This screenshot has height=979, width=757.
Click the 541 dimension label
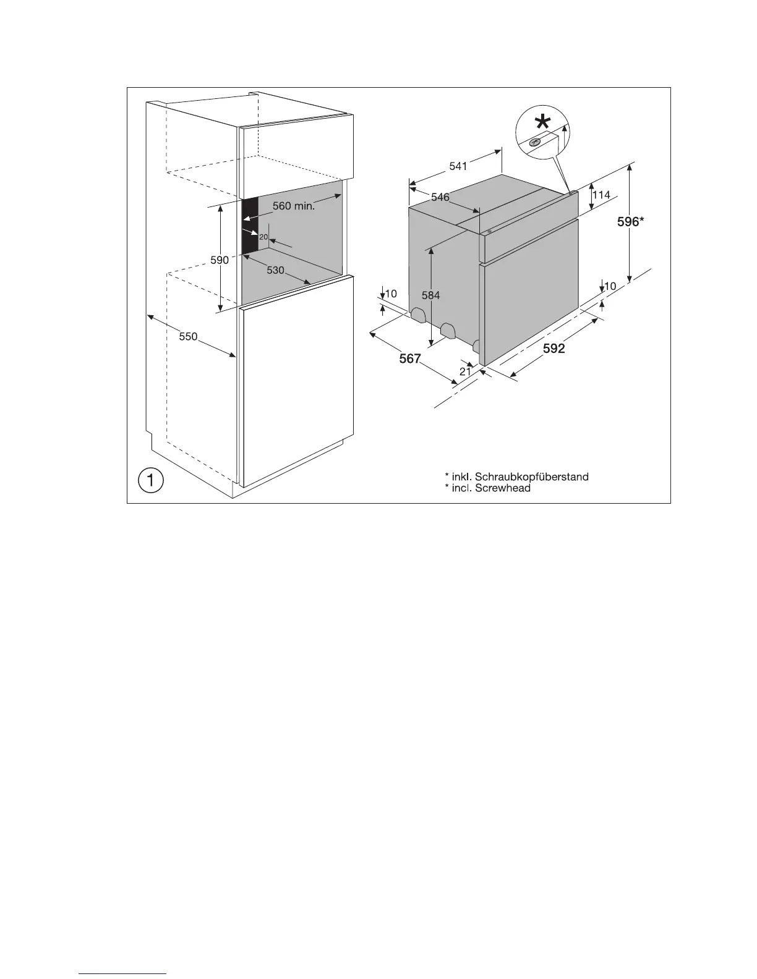(458, 166)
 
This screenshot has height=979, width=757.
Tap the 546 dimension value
(440, 197)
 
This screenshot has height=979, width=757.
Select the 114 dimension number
(601, 195)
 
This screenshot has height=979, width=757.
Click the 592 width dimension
(554, 349)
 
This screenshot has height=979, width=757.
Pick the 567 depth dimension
(409, 358)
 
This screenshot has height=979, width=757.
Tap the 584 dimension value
(431, 295)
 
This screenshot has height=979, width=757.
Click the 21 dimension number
(465, 371)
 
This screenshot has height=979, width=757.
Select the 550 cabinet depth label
(188, 337)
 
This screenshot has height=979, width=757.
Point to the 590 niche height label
(220, 260)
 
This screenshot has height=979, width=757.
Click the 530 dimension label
(275, 270)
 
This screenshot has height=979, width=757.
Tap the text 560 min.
(294, 206)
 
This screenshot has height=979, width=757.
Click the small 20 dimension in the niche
(263, 237)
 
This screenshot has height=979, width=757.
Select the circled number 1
(150, 480)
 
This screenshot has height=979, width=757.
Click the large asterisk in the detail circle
(542, 122)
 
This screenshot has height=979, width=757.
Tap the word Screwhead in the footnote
(503, 488)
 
